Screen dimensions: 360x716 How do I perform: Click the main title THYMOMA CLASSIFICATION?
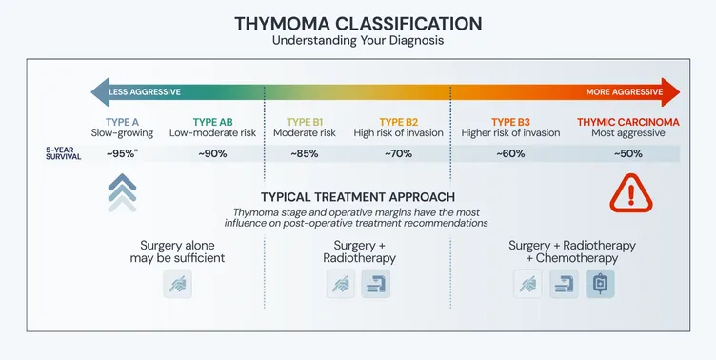tap(358, 23)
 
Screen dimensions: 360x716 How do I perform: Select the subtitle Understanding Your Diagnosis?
tap(358, 42)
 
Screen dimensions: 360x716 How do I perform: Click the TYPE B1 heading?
tap(306, 122)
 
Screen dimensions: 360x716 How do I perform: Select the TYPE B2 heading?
tap(398, 122)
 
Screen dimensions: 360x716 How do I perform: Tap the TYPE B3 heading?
tap(510, 122)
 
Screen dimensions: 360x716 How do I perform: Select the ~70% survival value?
tap(398, 153)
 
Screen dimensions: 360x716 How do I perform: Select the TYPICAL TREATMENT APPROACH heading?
tap(358, 196)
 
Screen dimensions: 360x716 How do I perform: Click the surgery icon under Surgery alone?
tap(178, 284)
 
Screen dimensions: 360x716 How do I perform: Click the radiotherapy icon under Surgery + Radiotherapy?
tap(376, 284)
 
